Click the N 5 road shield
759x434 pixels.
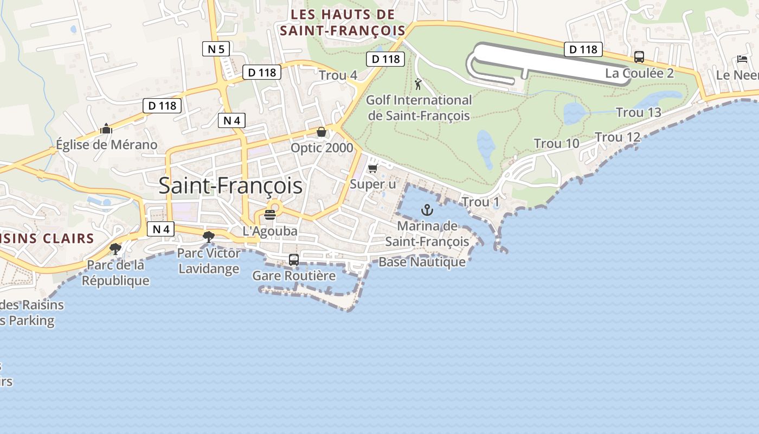pyautogui.click(x=216, y=49)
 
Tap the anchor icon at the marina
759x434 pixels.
pyautogui.click(x=428, y=210)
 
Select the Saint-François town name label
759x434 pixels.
pyautogui.click(x=230, y=186)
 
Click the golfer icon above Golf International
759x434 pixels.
pyautogui.click(x=417, y=84)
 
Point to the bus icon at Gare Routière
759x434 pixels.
pyautogui.click(x=294, y=260)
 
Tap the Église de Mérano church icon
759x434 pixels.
pyautogui.click(x=106, y=129)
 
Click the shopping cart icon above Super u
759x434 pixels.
pyautogui.click(x=372, y=168)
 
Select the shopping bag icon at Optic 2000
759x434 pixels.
pyautogui.click(x=321, y=132)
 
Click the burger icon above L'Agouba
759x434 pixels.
pyautogui.click(x=270, y=215)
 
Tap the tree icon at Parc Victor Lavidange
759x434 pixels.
pyautogui.click(x=208, y=237)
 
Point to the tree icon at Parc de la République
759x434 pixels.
pyautogui.click(x=115, y=249)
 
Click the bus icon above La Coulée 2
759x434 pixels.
pyautogui.click(x=639, y=57)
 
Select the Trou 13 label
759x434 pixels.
pyautogui.click(x=639, y=113)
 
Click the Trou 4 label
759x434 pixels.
pyautogui.click(x=338, y=75)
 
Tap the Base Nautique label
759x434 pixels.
pyautogui.click(x=422, y=262)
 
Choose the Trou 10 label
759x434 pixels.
pyautogui.click(x=556, y=144)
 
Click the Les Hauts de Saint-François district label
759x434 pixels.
pyautogui.click(x=343, y=22)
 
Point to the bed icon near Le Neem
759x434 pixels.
pyautogui.click(x=742, y=59)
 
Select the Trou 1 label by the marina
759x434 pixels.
pyautogui.click(x=480, y=202)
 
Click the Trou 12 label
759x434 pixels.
pyautogui.click(x=618, y=137)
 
